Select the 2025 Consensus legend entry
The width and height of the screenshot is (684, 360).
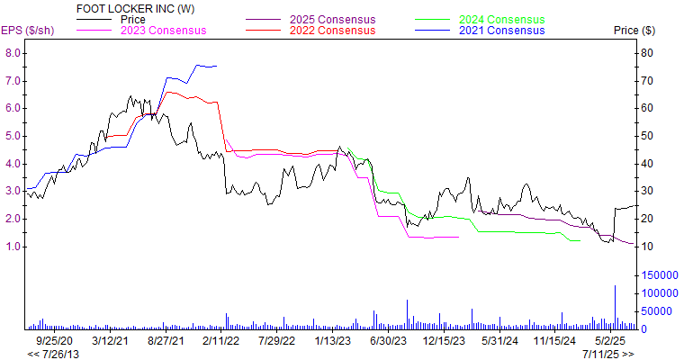333,19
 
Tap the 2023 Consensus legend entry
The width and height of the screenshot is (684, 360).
163,30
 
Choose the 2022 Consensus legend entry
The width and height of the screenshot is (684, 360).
333,30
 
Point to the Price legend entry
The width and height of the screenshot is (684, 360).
132,19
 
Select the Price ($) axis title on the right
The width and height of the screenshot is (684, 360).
634,31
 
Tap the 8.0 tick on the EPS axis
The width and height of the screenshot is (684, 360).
13,52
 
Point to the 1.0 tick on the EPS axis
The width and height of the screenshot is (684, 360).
13,247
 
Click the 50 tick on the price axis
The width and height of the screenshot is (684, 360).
646,136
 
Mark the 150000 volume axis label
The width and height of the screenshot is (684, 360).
659,274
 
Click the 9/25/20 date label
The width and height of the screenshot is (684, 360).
54,341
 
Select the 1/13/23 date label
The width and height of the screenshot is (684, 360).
332,341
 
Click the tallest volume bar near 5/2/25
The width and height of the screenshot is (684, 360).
616,307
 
